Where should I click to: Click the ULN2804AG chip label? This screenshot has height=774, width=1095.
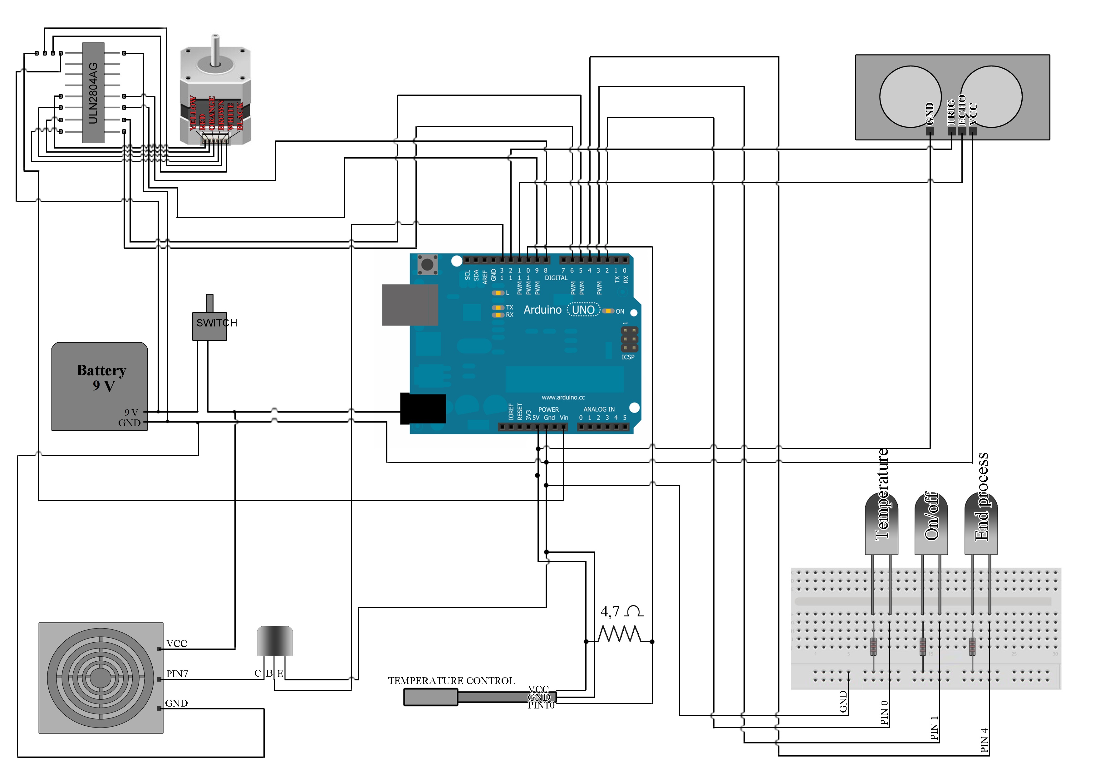coord(93,93)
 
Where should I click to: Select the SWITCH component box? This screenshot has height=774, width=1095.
coord(209,326)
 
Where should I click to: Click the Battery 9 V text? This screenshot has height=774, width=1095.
coord(101,378)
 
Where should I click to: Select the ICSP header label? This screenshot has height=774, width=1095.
coord(628,357)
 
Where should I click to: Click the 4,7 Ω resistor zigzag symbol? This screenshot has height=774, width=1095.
coord(619,634)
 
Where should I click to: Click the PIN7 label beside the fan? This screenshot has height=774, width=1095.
coord(177,674)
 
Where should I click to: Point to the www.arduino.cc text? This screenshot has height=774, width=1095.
coord(563,397)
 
